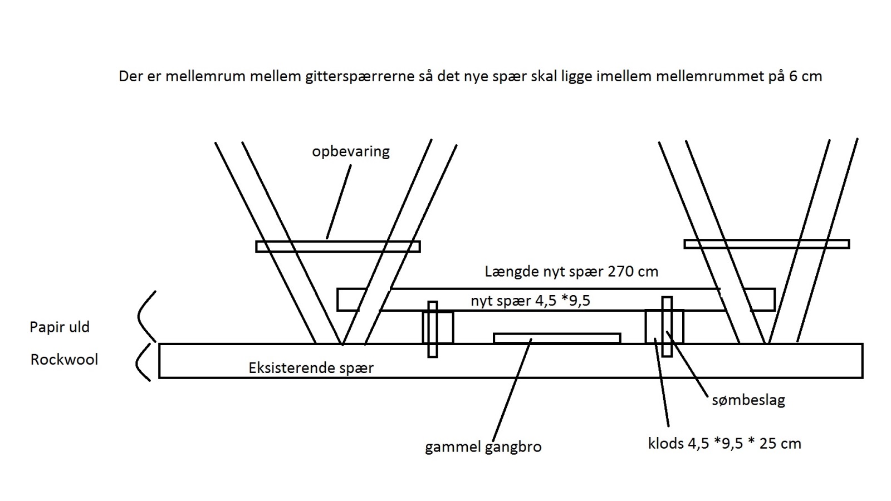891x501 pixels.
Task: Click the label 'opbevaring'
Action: coord(350,151)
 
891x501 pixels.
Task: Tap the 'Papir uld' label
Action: coord(60,327)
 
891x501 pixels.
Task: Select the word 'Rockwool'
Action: coord(64,360)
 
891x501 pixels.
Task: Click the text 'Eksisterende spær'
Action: coord(311,368)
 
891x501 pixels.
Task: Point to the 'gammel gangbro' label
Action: coord(483,447)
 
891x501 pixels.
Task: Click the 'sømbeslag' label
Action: coord(748,400)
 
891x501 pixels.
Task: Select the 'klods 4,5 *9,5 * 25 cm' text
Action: coord(724,443)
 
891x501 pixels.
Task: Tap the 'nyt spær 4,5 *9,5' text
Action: coord(530,301)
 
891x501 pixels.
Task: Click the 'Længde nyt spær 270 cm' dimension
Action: coord(571,272)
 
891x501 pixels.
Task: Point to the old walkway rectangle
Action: coord(557,338)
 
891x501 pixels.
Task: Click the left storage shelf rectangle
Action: coord(337,247)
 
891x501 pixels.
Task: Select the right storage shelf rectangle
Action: coord(766,244)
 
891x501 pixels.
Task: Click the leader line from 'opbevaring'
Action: coord(339,202)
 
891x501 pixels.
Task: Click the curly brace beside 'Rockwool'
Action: coord(143,362)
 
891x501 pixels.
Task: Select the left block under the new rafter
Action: coord(438,327)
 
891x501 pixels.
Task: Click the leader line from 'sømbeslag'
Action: coord(687,364)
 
